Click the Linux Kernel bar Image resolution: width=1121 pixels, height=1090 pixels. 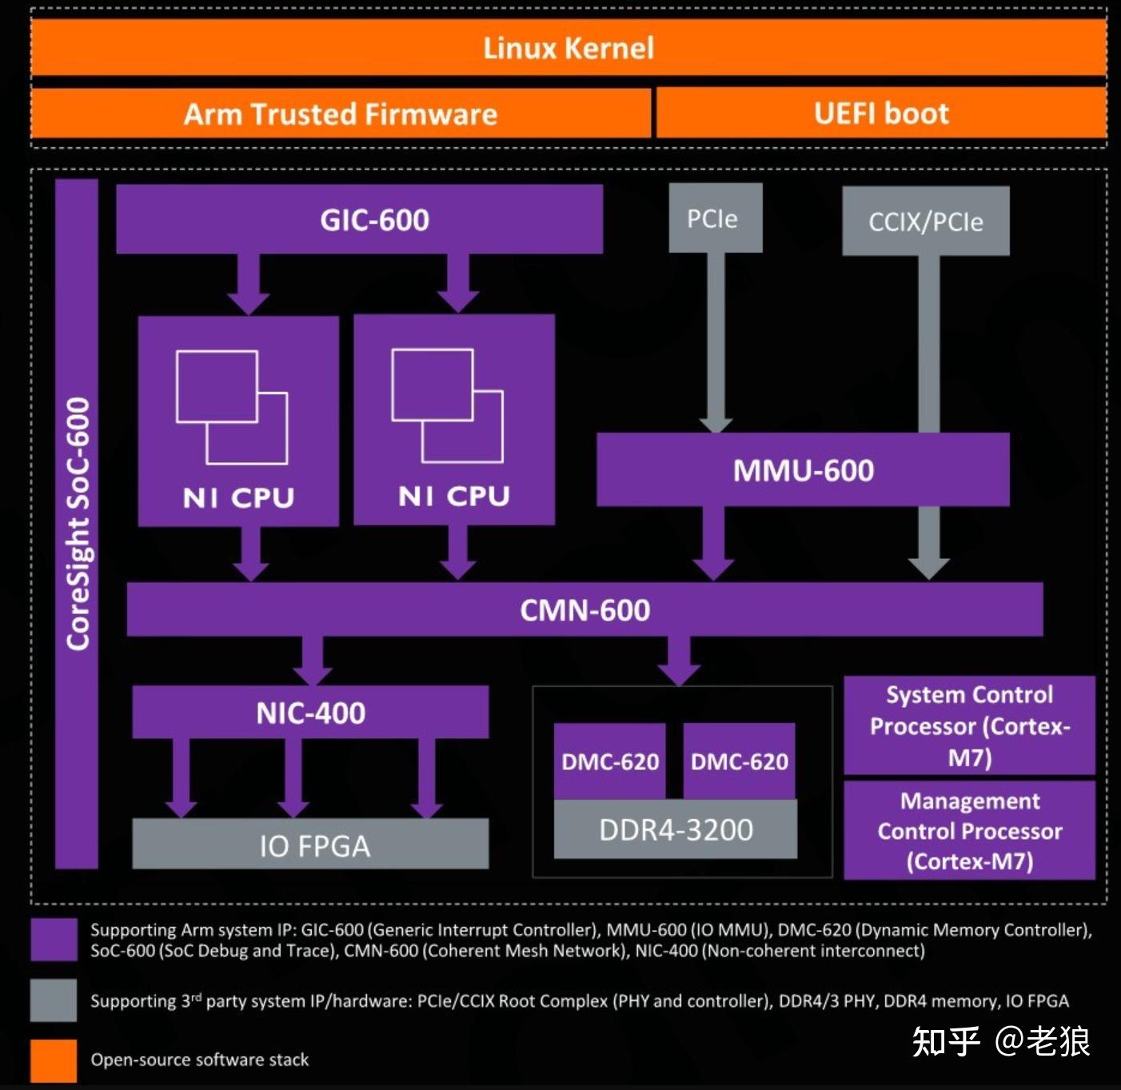pyautogui.click(x=568, y=48)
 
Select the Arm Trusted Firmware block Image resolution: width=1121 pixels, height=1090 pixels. pyautogui.click(x=341, y=114)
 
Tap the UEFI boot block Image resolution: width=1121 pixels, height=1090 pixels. pyautogui.click(x=881, y=114)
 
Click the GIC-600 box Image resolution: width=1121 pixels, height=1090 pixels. pyautogui.click(x=360, y=219)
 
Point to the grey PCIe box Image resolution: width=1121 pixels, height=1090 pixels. pyautogui.click(x=715, y=218)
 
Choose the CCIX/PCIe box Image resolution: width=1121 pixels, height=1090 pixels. pyautogui.click(x=926, y=222)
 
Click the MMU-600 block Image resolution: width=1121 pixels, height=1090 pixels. pyautogui.click(x=803, y=470)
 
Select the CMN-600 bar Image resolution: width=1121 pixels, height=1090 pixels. pyautogui.click(x=584, y=610)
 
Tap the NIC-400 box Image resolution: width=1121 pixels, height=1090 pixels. pyautogui.click(x=310, y=712)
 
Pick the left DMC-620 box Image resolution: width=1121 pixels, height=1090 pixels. pyautogui.click(x=609, y=761)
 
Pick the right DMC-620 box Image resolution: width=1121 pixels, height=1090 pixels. pyautogui.click(x=739, y=761)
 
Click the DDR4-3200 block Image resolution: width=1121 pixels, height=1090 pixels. pyautogui.click(x=676, y=830)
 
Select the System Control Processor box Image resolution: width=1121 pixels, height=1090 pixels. pyautogui.click(x=969, y=725)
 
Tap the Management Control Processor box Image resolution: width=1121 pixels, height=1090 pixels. pyautogui.click(x=969, y=830)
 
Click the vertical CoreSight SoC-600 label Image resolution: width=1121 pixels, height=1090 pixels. pyautogui.click(x=77, y=524)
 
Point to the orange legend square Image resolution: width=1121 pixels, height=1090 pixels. pyautogui.click(x=54, y=1061)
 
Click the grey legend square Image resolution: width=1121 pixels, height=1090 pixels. pyautogui.click(x=54, y=1000)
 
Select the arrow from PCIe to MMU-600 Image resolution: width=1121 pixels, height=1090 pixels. pyautogui.click(x=715, y=344)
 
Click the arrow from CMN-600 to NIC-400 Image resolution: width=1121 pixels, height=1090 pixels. pyautogui.click(x=312, y=661)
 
